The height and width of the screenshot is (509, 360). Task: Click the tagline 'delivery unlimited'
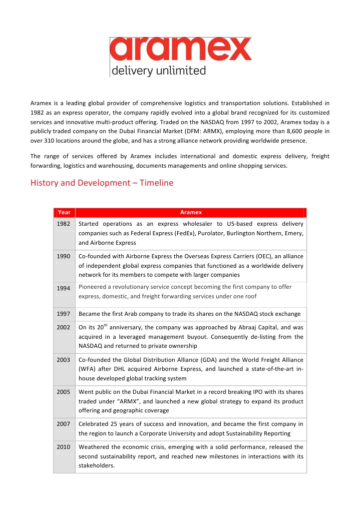pos(158,71)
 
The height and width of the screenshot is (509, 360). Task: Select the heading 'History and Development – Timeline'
pos(102,183)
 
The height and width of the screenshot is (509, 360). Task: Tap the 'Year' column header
pos(64,212)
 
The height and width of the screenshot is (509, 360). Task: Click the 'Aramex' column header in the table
pos(190,212)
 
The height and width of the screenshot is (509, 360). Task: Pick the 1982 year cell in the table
pos(64,223)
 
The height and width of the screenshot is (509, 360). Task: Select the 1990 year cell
pos(64,256)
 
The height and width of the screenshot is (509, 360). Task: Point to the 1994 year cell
pos(64,288)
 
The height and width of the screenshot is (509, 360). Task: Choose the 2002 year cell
pos(64,327)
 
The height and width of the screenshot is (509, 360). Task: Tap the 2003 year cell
pos(64,359)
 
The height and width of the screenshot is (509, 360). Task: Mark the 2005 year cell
pos(64,392)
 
